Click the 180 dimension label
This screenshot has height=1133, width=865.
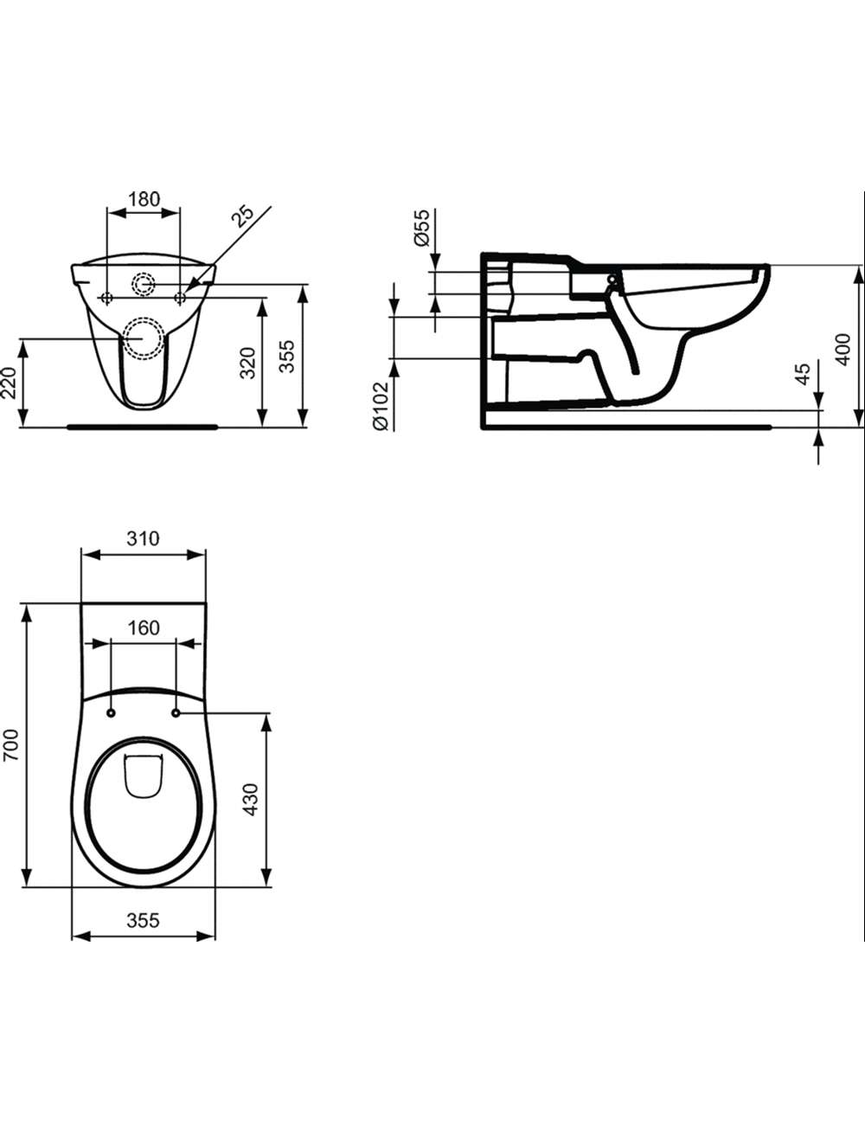pos(144,199)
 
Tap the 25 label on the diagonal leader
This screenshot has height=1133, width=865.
pos(243,216)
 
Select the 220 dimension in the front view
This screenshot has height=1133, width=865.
pos(10,383)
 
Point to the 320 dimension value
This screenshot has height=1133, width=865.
pos(248,363)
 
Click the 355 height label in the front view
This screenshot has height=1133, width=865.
pos(287,356)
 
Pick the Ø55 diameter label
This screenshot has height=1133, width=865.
pos(422,228)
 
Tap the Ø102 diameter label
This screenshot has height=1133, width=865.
pos(380,406)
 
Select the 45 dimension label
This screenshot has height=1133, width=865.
pos(803,374)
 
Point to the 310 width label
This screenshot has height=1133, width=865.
pos(144,538)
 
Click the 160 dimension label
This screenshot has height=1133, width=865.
pos(144,628)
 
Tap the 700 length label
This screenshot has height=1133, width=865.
pos(10,745)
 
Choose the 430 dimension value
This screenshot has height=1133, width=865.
pos(251,800)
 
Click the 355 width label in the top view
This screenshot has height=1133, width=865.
pos(144,920)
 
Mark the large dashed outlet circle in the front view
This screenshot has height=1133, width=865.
pos(143,338)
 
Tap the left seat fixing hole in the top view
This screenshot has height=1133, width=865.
pos(111,713)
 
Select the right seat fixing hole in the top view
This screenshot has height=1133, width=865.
pos(176,713)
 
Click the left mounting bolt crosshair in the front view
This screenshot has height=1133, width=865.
pos(106,298)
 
